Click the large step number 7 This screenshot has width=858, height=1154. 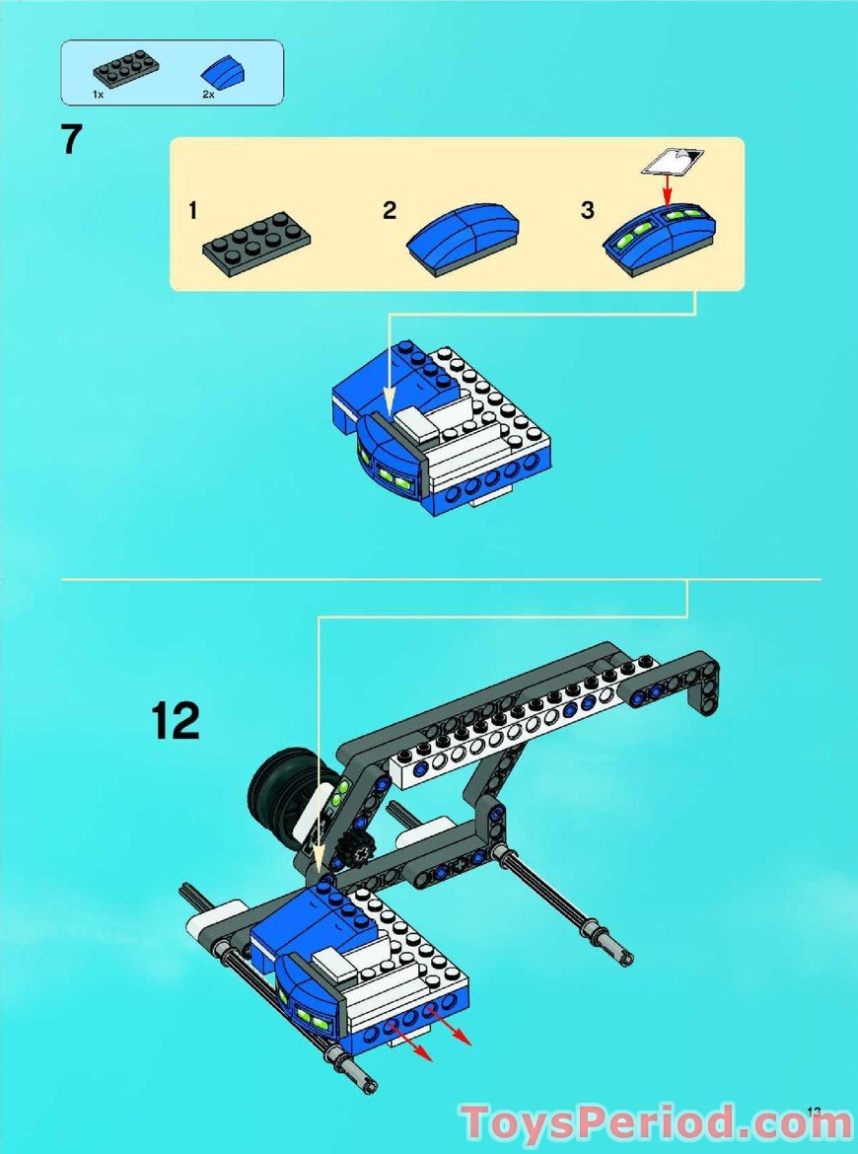click(x=72, y=139)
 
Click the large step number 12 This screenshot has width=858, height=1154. click(x=176, y=721)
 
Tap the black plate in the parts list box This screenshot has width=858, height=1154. click(x=125, y=71)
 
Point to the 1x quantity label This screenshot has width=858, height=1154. click(x=99, y=94)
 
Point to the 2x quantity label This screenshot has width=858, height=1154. click(x=208, y=94)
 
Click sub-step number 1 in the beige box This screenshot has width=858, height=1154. click(x=194, y=210)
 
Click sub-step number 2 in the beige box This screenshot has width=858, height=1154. click(x=390, y=210)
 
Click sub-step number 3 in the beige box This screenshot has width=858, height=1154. click(x=588, y=210)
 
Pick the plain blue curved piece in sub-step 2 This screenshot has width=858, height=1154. click(x=464, y=234)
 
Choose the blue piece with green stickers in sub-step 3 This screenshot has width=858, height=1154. click(x=661, y=233)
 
